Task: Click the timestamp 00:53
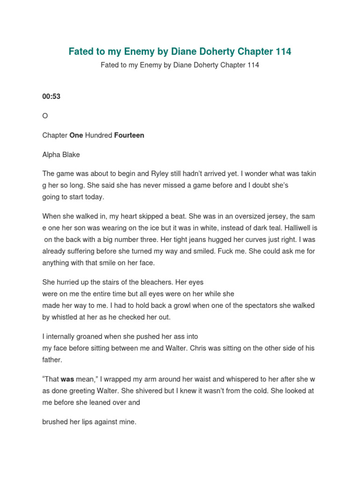point(51,97)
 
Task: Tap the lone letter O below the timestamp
point(45,116)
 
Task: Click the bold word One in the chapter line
point(76,135)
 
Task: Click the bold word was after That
point(67,379)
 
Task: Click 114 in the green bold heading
point(283,52)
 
